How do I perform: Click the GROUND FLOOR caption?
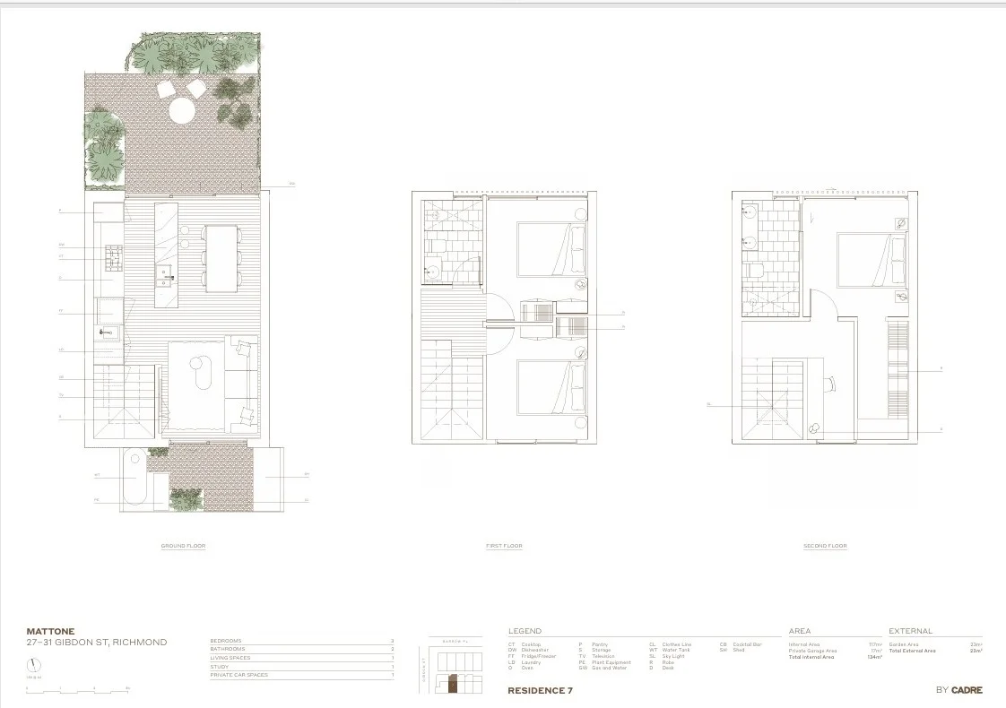tap(183, 546)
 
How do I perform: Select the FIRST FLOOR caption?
tap(504, 546)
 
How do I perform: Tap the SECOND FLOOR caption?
tap(825, 546)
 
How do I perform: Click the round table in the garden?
tap(183, 110)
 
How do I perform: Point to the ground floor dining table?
tap(221, 256)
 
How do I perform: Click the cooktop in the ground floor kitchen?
tap(114, 258)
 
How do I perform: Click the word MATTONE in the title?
tap(51, 631)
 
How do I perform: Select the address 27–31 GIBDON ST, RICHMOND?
tap(97, 643)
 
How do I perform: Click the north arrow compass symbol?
tap(34, 666)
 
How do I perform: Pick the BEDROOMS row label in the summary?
tap(226, 641)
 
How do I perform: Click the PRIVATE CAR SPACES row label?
tap(238, 675)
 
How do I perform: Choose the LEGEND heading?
tap(525, 631)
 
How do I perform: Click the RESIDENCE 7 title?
tap(540, 690)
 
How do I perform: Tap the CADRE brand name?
tap(967, 690)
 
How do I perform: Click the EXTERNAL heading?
tap(911, 631)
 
